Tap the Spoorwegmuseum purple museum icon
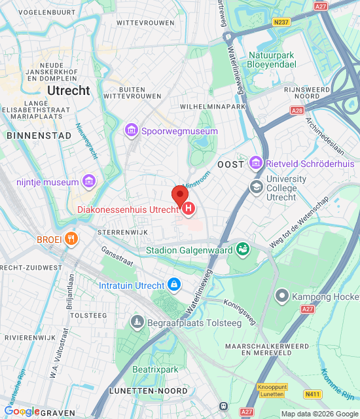tap(132, 132)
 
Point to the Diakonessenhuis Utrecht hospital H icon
tap(189, 209)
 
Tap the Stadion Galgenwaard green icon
tap(243, 249)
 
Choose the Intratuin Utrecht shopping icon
tap(174, 285)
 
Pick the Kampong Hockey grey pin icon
tap(282, 296)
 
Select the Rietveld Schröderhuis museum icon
tap(256, 162)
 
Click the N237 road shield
tap(281, 22)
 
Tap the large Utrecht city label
tap(68, 91)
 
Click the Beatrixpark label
tap(155, 370)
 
